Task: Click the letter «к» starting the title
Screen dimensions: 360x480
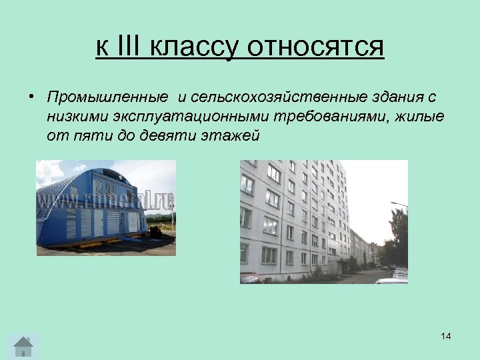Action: click(x=102, y=48)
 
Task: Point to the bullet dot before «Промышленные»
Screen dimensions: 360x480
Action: click(x=31, y=97)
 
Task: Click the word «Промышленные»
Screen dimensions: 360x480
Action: click(x=107, y=98)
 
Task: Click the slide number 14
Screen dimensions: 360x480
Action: click(x=445, y=336)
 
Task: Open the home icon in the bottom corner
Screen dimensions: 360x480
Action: click(x=23, y=346)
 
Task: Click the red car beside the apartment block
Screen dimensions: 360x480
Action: click(x=251, y=279)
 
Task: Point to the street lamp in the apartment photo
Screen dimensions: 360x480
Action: click(x=398, y=205)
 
